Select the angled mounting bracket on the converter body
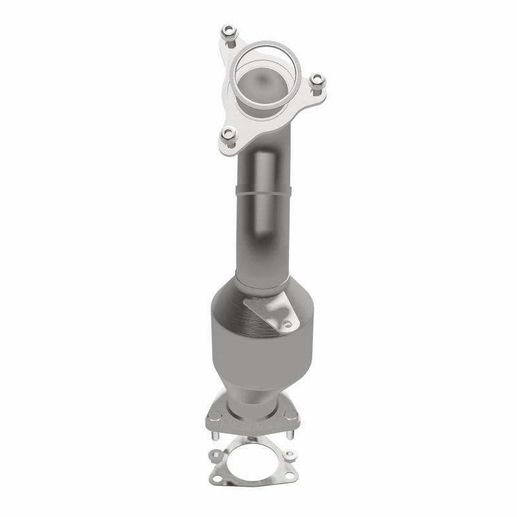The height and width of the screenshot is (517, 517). click(x=268, y=311)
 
